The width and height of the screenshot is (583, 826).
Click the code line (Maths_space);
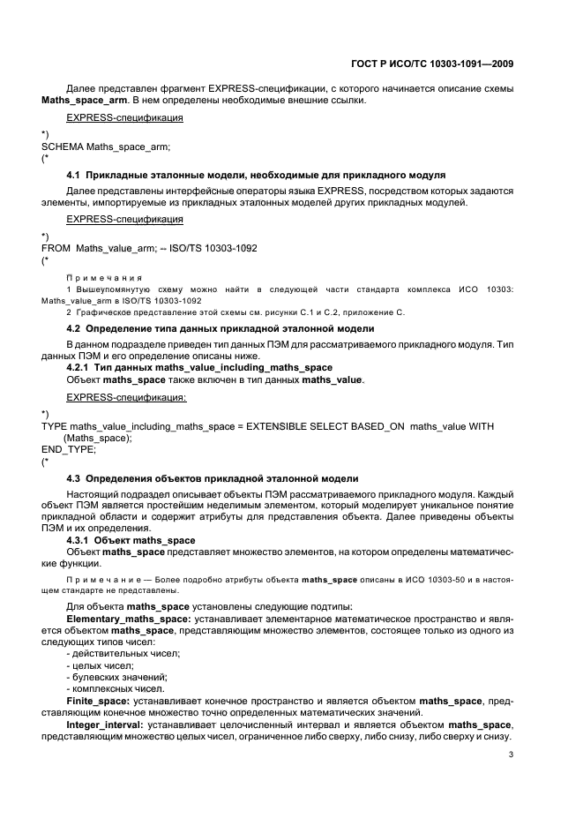pyautogui.click(x=97, y=437)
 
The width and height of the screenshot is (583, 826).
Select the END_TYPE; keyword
pyautogui.click(x=68, y=448)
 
